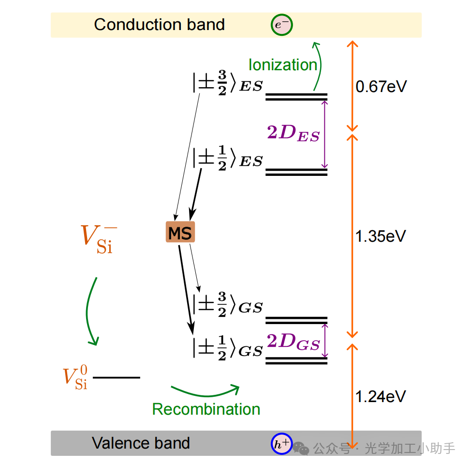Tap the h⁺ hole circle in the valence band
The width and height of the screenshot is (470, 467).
click(282, 445)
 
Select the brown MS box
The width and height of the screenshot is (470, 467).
click(180, 233)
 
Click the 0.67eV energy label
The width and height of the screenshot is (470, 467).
click(381, 87)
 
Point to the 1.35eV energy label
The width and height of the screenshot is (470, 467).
click(381, 236)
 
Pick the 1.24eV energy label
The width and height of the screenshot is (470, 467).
click(381, 396)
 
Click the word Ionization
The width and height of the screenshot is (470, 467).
click(283, 64)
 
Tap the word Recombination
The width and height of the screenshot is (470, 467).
click(206, 409)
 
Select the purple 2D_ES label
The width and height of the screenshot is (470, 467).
click(293, 133)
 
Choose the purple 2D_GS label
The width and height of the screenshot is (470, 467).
click(293, 342)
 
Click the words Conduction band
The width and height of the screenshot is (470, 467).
click(159, 25)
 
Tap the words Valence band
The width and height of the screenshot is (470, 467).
click(141, 443)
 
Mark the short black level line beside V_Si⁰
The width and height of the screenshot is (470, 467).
click(117, 377)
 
